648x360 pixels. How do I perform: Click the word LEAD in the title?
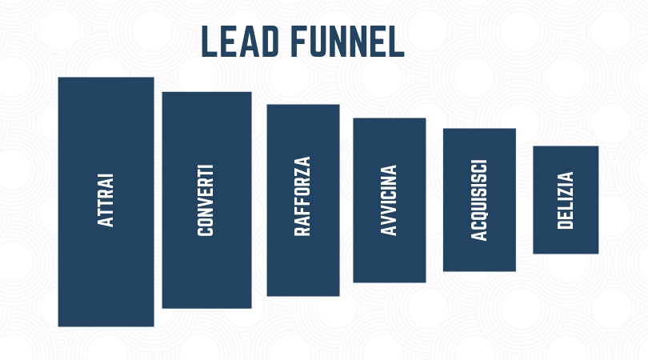coord(240,42)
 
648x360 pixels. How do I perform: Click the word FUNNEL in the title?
coord(347,42)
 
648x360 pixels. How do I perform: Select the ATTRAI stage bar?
coord(106,202)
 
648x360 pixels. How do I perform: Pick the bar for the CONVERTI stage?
coord(206,200)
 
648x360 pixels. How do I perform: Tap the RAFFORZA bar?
coord(303,200)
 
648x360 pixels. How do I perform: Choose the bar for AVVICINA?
coord(390,201)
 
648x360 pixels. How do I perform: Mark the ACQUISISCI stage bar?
coord(479,200)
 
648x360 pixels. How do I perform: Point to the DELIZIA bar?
coord(566,200)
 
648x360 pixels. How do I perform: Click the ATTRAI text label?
coord(106,200)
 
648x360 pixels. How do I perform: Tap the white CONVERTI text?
coord(206,201)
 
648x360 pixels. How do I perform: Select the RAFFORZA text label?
coord(302,196)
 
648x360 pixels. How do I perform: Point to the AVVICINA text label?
coord(389,200)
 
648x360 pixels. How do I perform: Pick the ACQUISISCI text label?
coord(479,200)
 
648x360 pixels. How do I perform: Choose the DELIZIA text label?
coord(566,201)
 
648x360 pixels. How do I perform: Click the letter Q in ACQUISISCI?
coord(479,215)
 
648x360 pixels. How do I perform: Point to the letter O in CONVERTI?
coord(206,220)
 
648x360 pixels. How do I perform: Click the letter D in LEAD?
coord(270,42)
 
